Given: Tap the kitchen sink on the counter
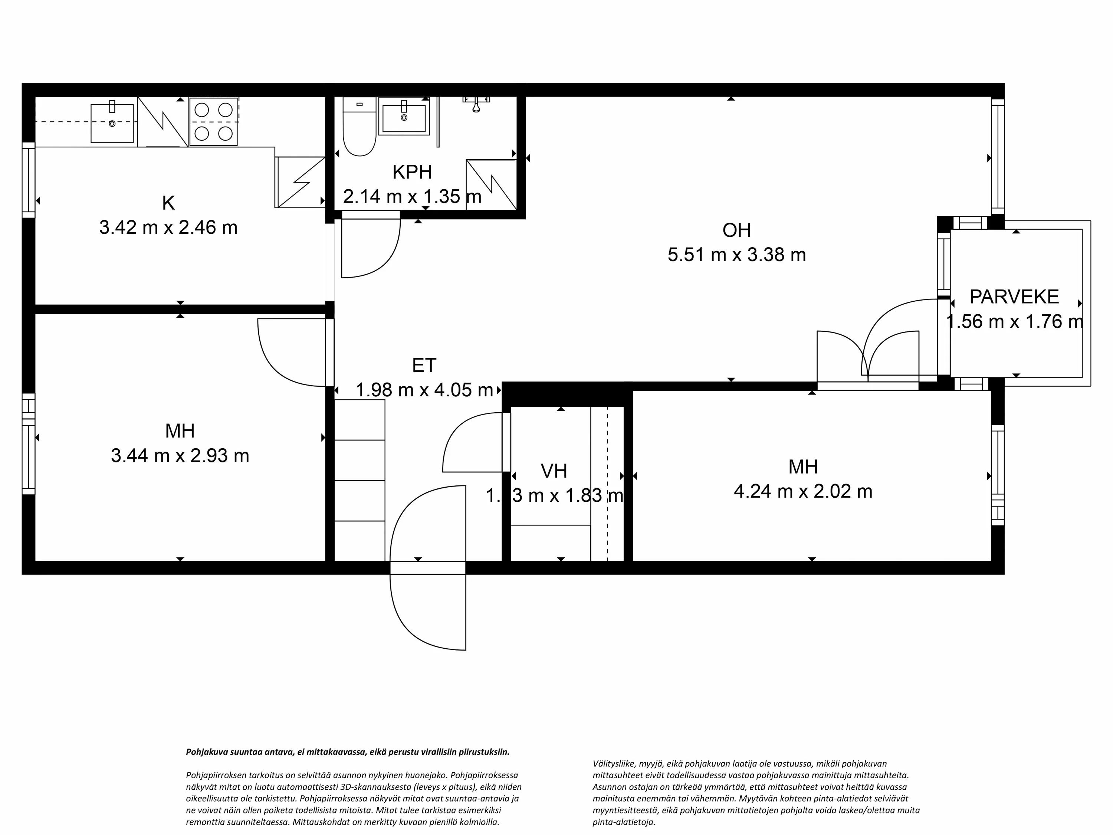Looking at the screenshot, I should (x=112, y=123).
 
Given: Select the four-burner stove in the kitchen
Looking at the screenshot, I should (x=213, y=121).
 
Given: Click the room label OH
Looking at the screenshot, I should (x=736, y=230).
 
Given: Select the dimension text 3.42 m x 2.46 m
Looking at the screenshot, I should (x=168, y=227).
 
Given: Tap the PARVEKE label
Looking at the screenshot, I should (x=1013, y=297).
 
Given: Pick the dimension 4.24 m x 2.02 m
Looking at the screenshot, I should (x=802, y=491).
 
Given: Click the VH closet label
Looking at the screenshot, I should (x=554, y=471).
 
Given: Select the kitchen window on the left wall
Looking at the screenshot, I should (x=29, y=180).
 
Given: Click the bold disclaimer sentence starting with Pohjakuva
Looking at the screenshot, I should (x=348, y=752).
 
